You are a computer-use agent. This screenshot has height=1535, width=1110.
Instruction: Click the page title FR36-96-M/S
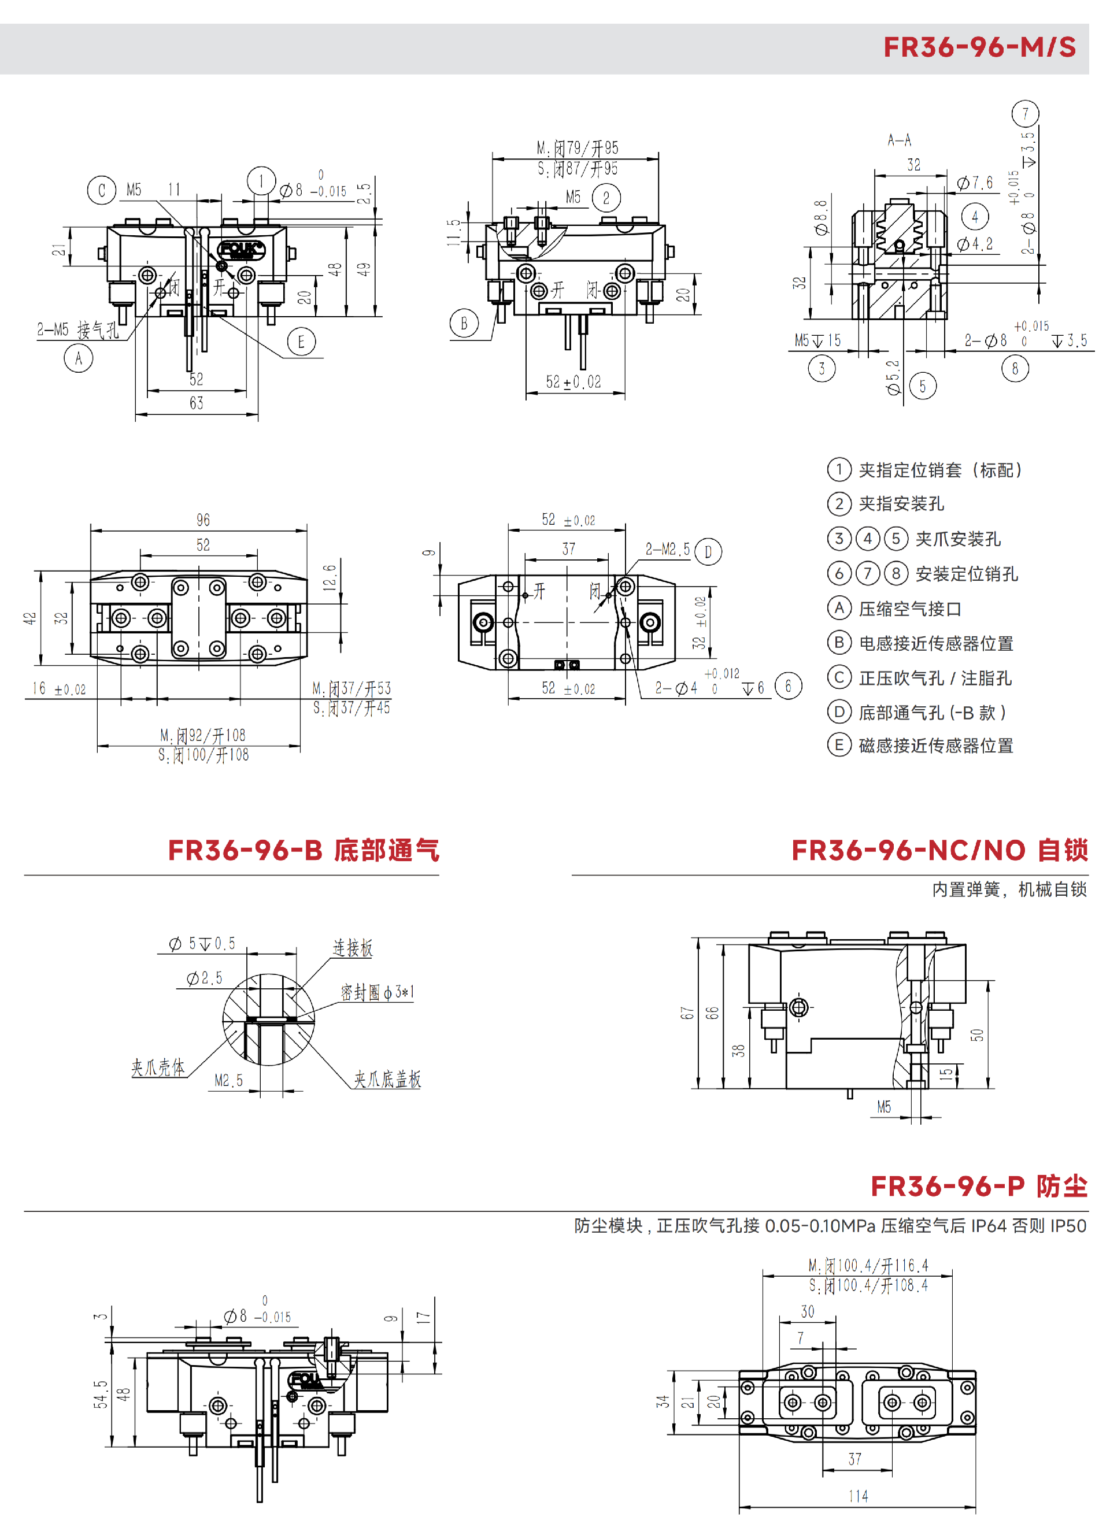[979, 47]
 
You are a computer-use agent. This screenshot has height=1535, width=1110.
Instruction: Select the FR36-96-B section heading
[303, 850]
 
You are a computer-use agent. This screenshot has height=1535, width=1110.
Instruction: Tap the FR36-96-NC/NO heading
[939, 850]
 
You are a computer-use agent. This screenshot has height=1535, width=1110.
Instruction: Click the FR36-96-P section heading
[979, 1186]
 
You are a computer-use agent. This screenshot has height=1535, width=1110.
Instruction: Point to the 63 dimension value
[197, 403]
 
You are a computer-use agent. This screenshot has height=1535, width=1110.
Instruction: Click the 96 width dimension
[203, 520]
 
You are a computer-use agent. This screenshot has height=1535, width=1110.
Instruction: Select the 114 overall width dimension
[858, 1496]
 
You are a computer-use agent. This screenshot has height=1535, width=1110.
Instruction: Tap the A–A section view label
[900, 140]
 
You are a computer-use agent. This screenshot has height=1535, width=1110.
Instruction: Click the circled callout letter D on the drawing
[708, 551]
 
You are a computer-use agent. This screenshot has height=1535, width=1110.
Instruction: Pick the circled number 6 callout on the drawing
[788, 686]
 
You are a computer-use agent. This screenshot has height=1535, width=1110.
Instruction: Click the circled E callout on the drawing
[301, 342]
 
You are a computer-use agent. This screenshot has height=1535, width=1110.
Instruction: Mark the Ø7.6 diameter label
[975, 183]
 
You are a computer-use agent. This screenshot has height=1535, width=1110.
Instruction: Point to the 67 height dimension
[687, 1013]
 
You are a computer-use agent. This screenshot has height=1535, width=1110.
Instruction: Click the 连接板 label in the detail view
[353, 948]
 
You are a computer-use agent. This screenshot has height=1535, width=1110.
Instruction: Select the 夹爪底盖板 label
[387, 1079]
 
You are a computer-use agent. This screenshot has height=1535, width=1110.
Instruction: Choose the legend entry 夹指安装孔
[901, 503]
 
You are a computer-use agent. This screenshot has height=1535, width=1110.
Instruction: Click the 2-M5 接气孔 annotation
[78, 329]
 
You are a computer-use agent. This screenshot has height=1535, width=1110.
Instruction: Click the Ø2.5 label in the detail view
[205, 978]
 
